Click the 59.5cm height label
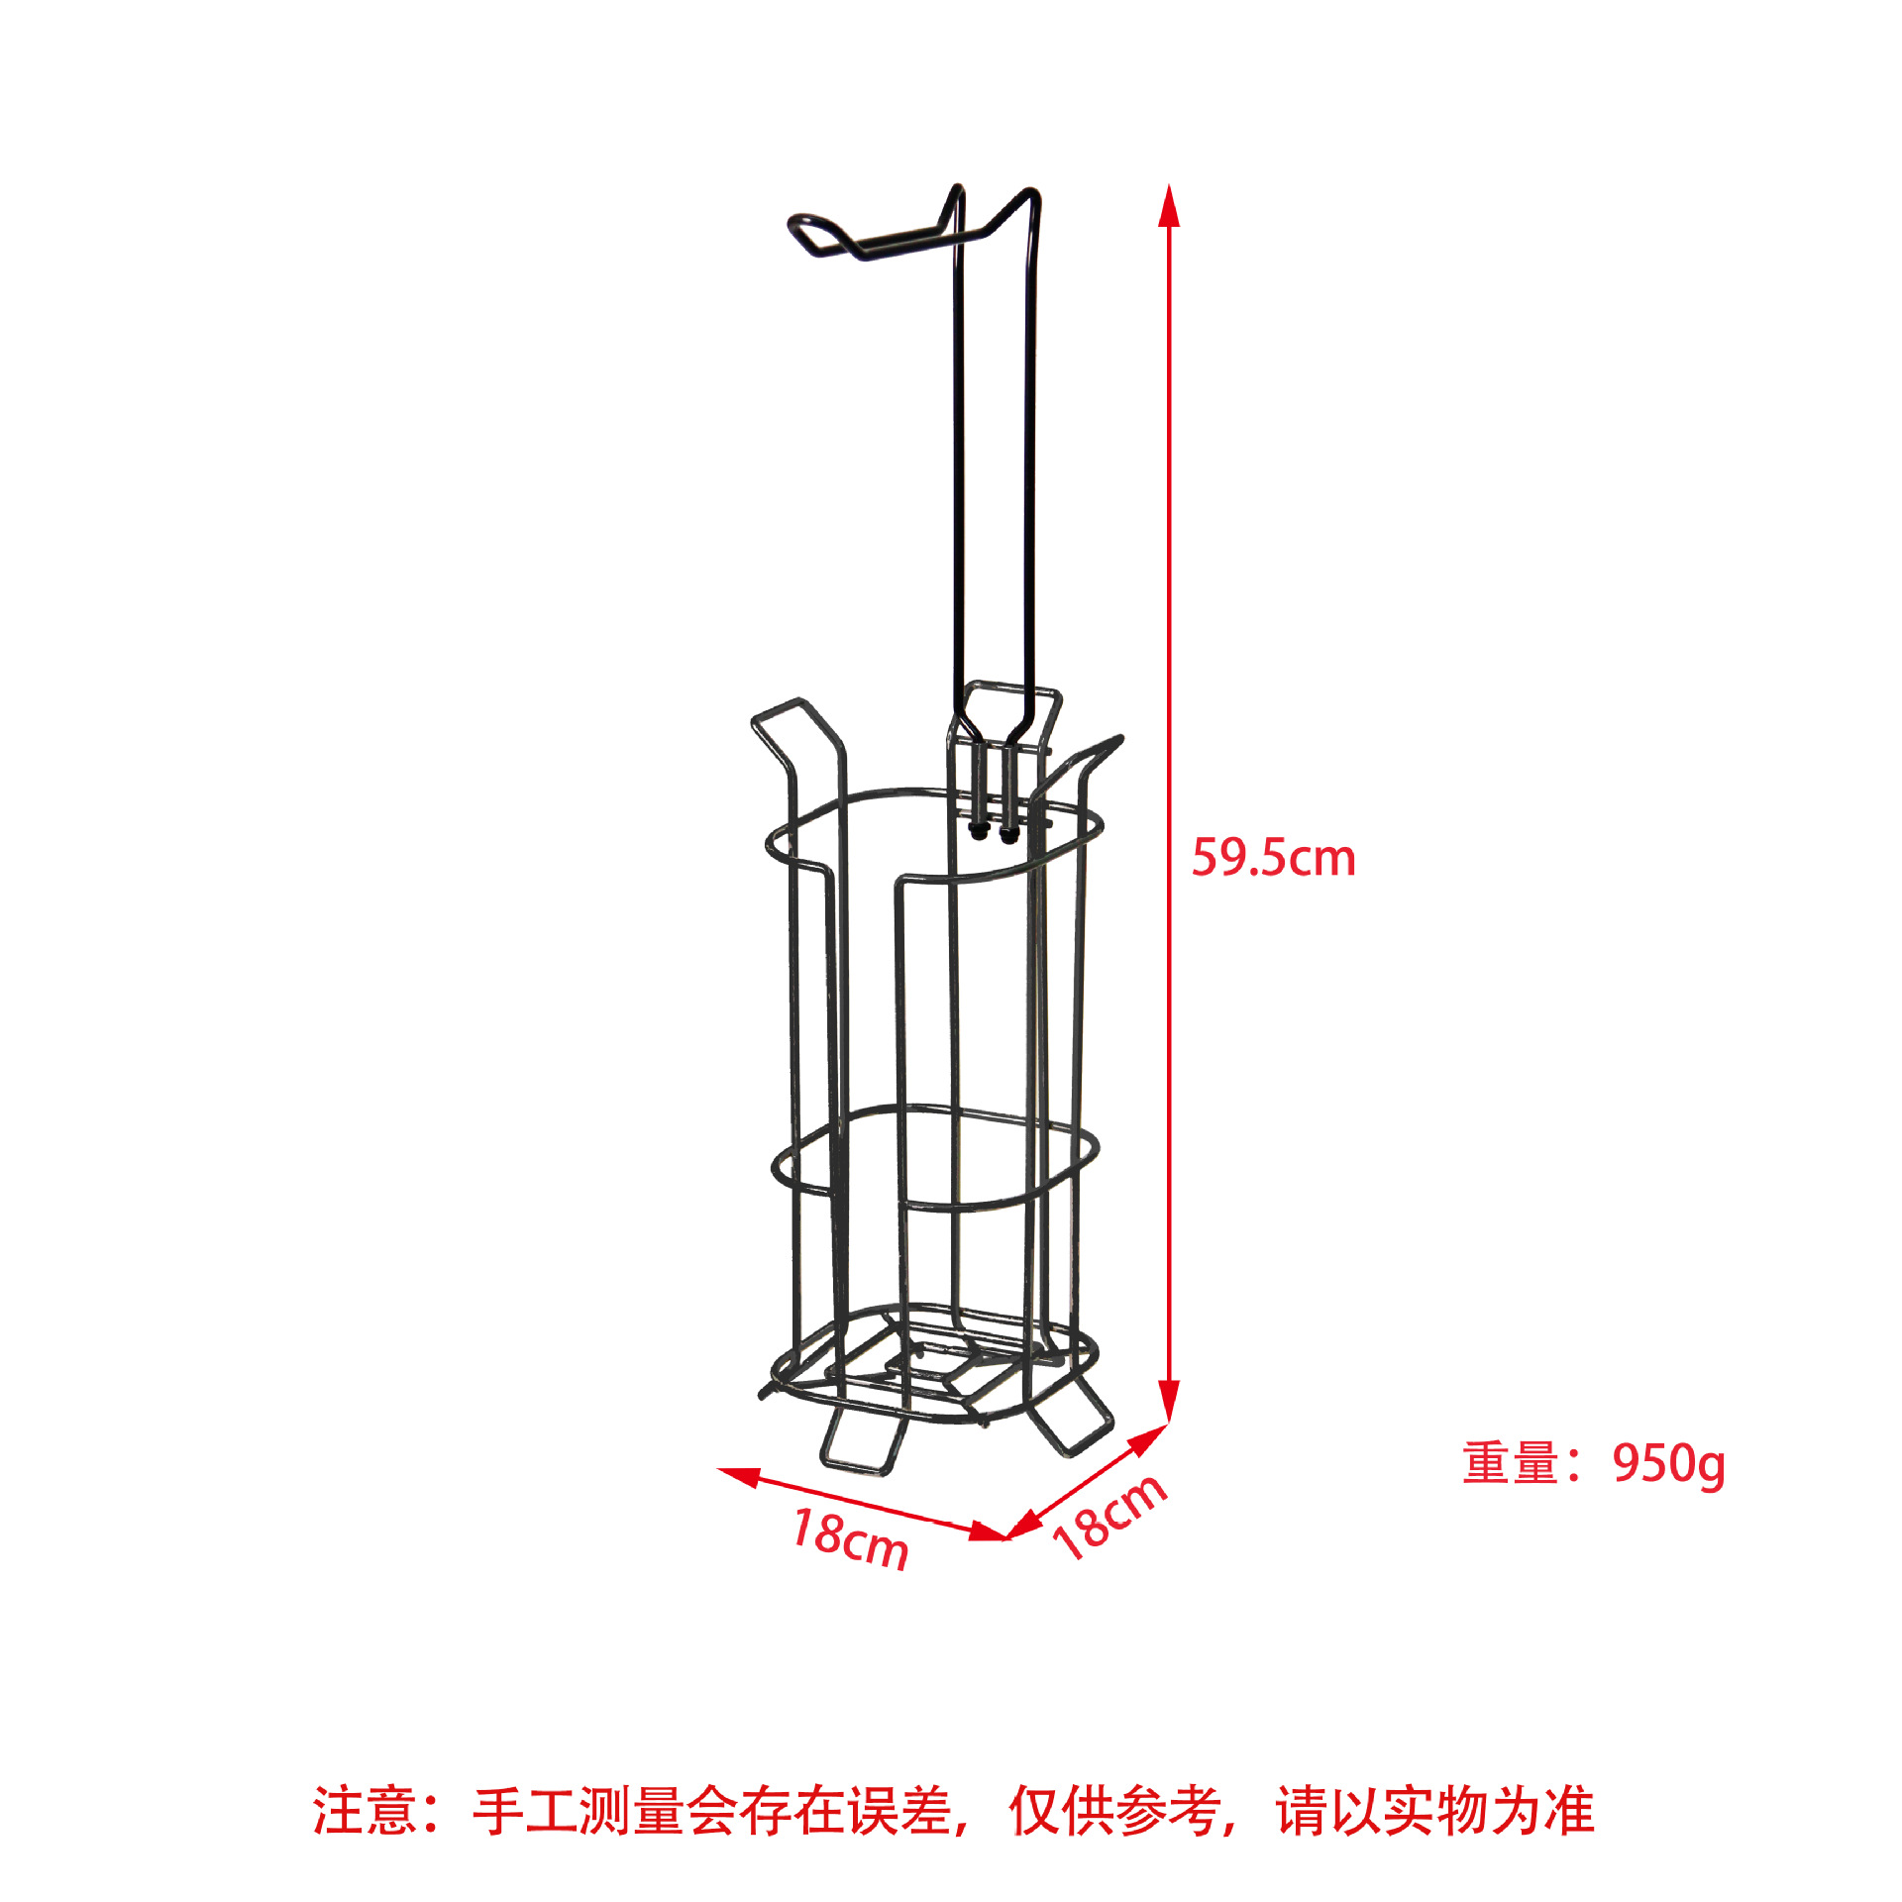(1273, 858)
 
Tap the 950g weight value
(1668, 1464)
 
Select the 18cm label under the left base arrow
(850, 1538)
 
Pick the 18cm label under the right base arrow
(1109, 1517)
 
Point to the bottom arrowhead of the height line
(1169, 1402)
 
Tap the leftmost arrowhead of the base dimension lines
(739, 1476)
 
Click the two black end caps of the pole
(994, 834)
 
